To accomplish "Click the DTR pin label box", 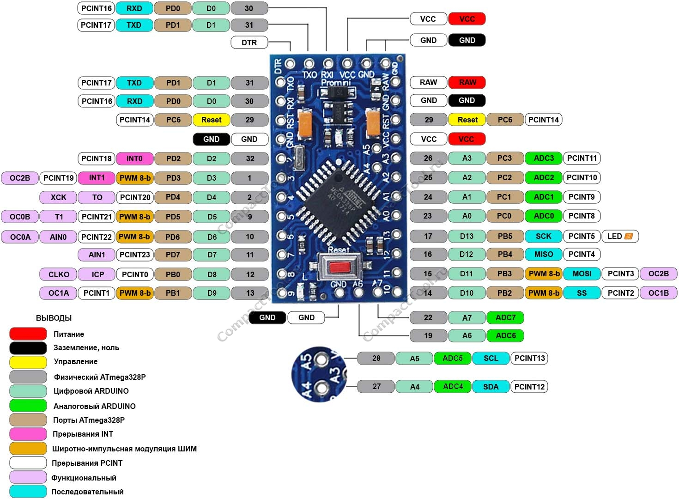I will coord(249,43).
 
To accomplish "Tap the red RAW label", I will coord(467,82).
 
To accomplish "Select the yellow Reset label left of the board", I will coord(211,120).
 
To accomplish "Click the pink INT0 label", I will coord(134,158).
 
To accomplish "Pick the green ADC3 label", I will coord(543,158).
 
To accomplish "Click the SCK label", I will coord(543,236).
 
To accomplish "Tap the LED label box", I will coord(619,236).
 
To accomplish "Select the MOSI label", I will coord(582,274).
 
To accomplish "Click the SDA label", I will coord(491,387).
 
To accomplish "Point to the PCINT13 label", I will coord(529,358).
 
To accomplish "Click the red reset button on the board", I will coord(339,267).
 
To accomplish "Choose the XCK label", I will coord(58,197).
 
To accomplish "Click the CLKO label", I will coord(59,274).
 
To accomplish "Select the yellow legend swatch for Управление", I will coord(28,362).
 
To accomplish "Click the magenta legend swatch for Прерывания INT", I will coord(28,434).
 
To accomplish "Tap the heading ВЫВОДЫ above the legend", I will coord(54,318).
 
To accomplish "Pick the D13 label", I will coord(467,236).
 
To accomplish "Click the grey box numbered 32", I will coord(249,158).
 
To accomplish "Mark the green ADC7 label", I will coord(505,317).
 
